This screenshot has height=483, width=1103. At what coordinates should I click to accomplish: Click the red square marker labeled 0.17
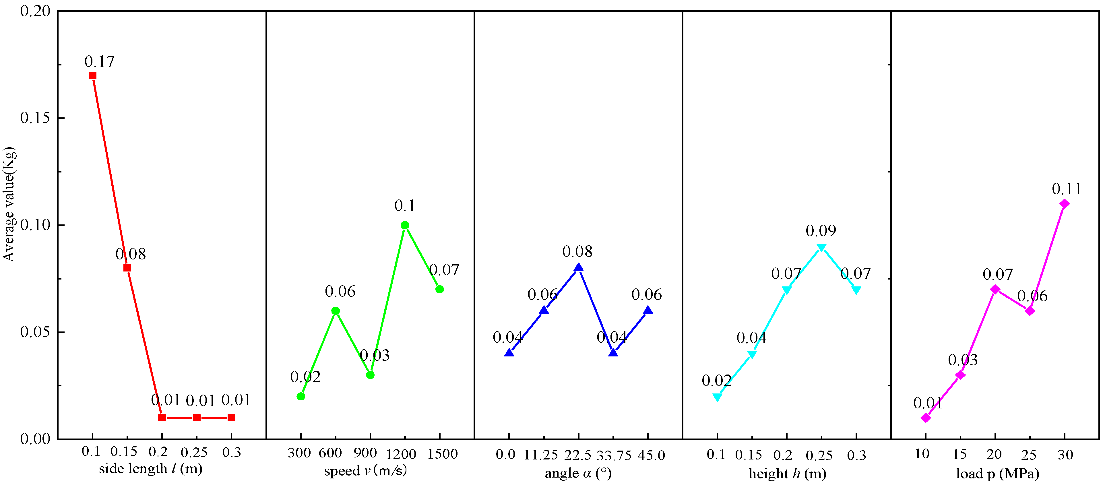click(x=92, y=75)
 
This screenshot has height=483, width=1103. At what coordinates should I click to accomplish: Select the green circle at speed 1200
click(x=405, y=225)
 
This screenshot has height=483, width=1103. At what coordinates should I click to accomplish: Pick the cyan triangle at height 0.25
click(x=821, y=247)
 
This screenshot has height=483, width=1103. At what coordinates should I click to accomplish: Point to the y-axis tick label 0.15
click(x=35, y=118)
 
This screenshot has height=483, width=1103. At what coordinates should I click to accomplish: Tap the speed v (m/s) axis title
click(x=365, y=471)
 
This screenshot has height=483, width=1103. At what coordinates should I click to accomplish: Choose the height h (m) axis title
click(x=787, y=473)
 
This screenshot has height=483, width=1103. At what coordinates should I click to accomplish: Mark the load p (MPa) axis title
click(x=997, y=473)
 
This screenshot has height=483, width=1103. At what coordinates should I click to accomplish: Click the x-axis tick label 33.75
click(x=614, y=456)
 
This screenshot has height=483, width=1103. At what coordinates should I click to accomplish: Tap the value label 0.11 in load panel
click(x=1066, y=189)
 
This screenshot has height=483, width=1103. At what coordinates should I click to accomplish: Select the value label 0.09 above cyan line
click(x=821, y=231)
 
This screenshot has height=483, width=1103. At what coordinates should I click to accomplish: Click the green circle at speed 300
click(x=301, y=397)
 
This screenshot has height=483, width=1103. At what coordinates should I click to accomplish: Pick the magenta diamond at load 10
click(x=926, y=418)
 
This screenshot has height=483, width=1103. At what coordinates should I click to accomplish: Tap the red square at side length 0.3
click(x=231, y=418)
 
